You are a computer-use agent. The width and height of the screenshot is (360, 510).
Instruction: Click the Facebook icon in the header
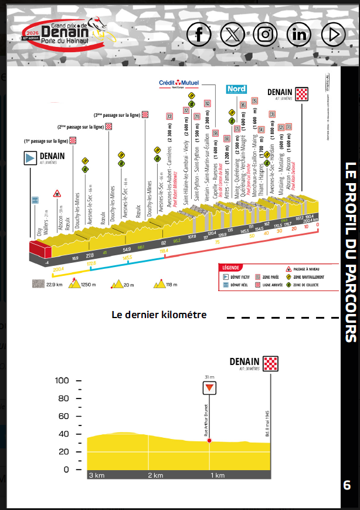coord(199,35)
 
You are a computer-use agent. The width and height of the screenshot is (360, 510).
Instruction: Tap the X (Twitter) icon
coord(233,35)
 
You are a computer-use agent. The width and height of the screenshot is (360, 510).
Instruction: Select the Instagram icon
coord(266,35)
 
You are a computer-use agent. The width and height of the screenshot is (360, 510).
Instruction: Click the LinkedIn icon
coord(300,35)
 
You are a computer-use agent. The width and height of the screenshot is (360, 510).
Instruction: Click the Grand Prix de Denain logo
coord(63,35)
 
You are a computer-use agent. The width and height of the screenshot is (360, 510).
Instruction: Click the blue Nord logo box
coord(236,89)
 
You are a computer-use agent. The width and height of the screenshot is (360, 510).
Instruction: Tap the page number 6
coord(347,485)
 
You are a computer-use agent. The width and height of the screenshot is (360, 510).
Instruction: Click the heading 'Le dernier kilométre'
coord(159,315)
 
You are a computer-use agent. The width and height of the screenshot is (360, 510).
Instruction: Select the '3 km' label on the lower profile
coord(97,475)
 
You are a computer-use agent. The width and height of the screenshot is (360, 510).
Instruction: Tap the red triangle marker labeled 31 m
coord(209,388)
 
